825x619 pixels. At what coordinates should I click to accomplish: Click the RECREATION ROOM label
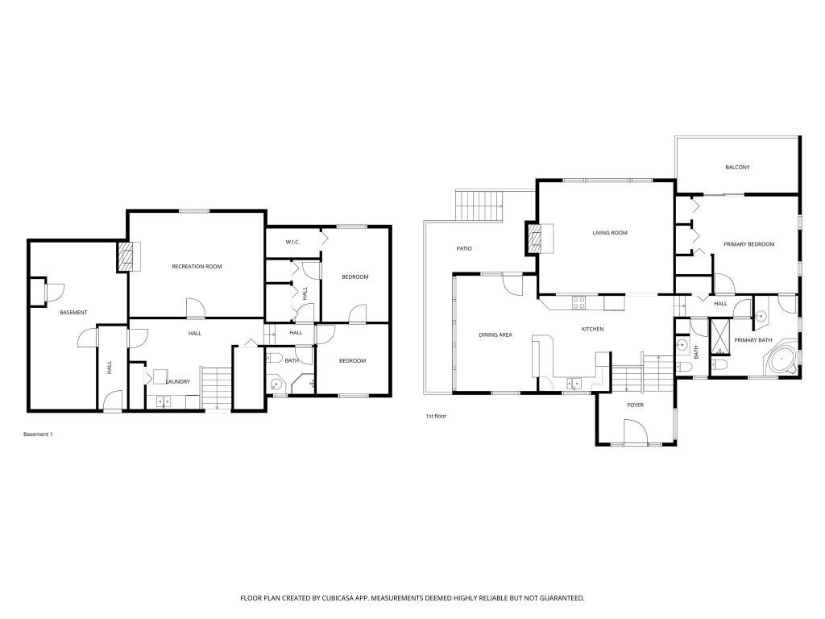[197, 266]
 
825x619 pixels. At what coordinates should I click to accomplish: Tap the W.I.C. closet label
[293, 242]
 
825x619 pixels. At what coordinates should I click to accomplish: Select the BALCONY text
[737, 168]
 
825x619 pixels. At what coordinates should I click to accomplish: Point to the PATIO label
[464, 248]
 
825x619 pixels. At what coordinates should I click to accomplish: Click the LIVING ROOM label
[609, 233]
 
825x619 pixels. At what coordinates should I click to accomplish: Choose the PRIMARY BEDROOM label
[748, 244]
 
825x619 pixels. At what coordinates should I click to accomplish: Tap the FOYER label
[636, 405]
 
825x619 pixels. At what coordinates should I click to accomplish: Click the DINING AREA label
[495, 334]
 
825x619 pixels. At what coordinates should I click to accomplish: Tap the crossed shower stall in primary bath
[719, 337]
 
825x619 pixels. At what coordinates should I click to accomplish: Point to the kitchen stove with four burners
[578, 303]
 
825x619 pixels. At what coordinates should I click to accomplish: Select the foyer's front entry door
[635, 434]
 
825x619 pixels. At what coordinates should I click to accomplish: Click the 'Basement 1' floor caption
[38, 434]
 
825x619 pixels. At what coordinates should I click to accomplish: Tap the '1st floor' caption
[436, 416]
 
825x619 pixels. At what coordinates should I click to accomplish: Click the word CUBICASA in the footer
[320, 598]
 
